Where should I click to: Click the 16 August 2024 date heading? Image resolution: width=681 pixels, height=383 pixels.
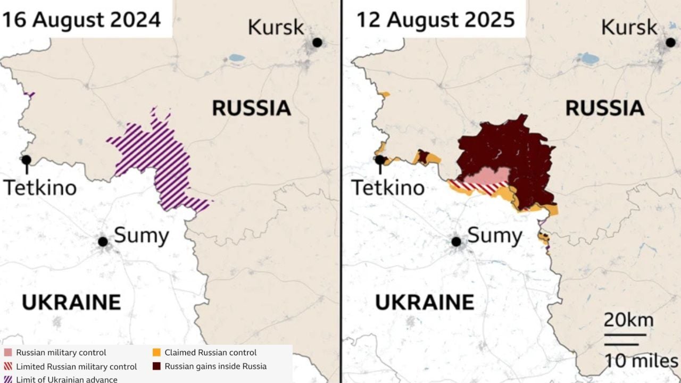(x=81, y=20)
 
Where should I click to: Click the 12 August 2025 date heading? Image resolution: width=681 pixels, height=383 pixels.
(x=435, y=20)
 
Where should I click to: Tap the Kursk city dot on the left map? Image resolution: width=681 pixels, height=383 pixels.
(x=318, y=42)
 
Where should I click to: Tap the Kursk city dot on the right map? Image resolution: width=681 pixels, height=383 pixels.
(x=671, y=42)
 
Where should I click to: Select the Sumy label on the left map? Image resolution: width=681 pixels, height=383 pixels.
(x=142, y=235)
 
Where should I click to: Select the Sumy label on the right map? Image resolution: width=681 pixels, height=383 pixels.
(x=495, y=235)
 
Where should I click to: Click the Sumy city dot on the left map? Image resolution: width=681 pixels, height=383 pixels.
(x=103, y=242)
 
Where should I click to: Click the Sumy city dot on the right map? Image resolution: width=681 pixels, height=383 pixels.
(x=456, y=242)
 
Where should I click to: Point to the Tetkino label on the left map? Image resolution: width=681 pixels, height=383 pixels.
(x=40, y=187)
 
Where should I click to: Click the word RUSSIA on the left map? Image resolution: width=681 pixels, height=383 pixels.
(x=251, y=108)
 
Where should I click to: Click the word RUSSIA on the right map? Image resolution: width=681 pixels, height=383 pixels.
(x=604, y=108)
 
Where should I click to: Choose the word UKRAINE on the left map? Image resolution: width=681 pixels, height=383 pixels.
(x=71, y=302)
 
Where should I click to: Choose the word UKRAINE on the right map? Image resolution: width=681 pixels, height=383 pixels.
(x=425, y=302)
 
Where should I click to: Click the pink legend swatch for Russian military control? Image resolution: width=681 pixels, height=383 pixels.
(x=8, y=353)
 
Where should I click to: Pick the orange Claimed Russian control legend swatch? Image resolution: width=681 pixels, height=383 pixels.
(x=156, y=353)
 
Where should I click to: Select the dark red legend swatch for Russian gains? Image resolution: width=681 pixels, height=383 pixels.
(x=156, y=367)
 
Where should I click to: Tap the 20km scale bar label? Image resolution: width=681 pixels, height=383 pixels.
(x=628, y=321)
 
